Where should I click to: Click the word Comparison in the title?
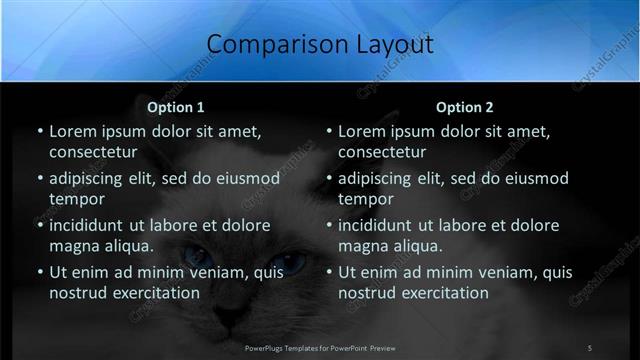pos(265,45)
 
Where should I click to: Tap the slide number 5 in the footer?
pos(589,347)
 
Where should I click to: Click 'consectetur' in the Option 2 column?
pos(381,152)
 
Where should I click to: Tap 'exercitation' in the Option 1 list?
pos(152,293)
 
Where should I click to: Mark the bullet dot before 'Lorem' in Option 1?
pos(39,131)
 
